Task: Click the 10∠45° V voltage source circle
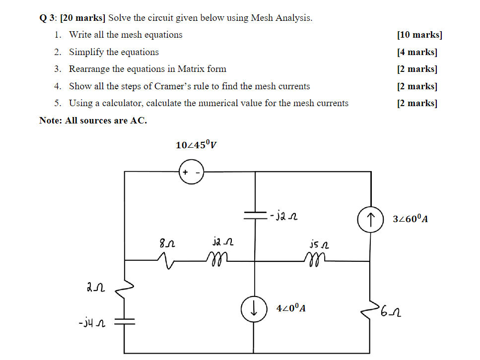tap(191, 172)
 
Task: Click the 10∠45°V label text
tap(196, 145)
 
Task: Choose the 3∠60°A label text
tap(410, 219)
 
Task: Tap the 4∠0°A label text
tap(291, 308)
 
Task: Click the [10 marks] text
tap(419, 35)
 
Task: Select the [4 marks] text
tap(417, 52)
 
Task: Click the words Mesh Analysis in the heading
tap(281, 18)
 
